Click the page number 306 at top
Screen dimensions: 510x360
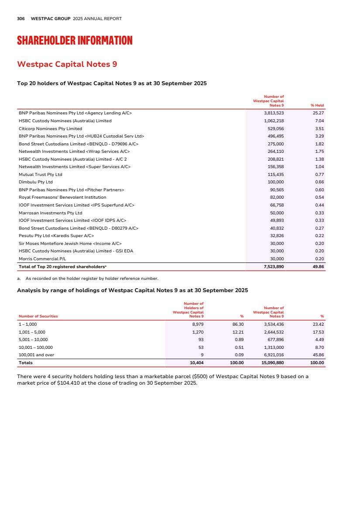click(21, 19)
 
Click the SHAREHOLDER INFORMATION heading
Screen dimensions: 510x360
click(75, 41)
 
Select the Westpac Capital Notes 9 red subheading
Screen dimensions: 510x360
click(67, 64)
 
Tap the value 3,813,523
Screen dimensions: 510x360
click(274, 113)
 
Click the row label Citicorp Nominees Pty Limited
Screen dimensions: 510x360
click(50, 128)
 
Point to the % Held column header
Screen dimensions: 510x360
click(317, 105)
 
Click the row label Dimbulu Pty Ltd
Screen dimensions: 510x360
click(36, 182)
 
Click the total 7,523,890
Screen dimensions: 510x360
click(274, 266)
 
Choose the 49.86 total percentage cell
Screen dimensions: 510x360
click(317, 266)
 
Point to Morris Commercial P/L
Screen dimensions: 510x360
click(41, 258)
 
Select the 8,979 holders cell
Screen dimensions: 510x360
click(198, 324)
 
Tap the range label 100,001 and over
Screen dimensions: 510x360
click(36, 355)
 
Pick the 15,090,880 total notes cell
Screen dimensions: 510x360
click(272, 363)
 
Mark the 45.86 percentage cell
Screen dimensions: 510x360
click(318, 355)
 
